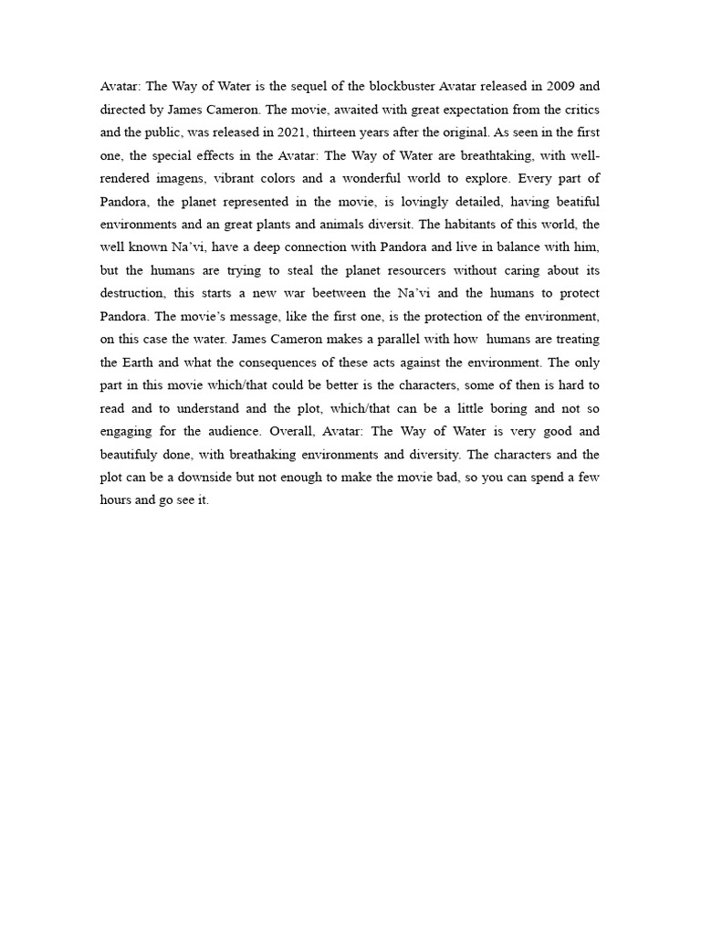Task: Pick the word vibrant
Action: click(237, 178)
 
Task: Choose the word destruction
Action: click(135, 293)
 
